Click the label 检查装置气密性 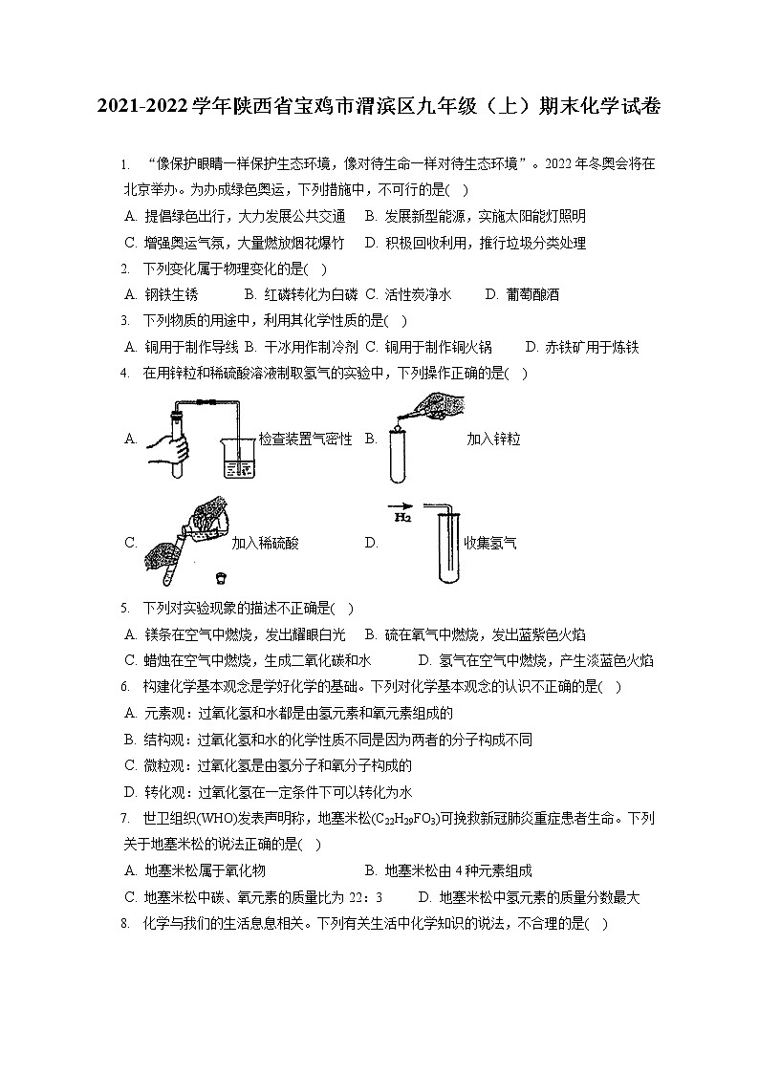click(x=305, y=439)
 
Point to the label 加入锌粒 click(x=493, y=439)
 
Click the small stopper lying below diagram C click(x=221, y=577)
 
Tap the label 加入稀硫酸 click(x=265, y=543)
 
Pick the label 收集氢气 click(x=490, y=543)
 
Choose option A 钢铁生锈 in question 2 click(x=161, y=294)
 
